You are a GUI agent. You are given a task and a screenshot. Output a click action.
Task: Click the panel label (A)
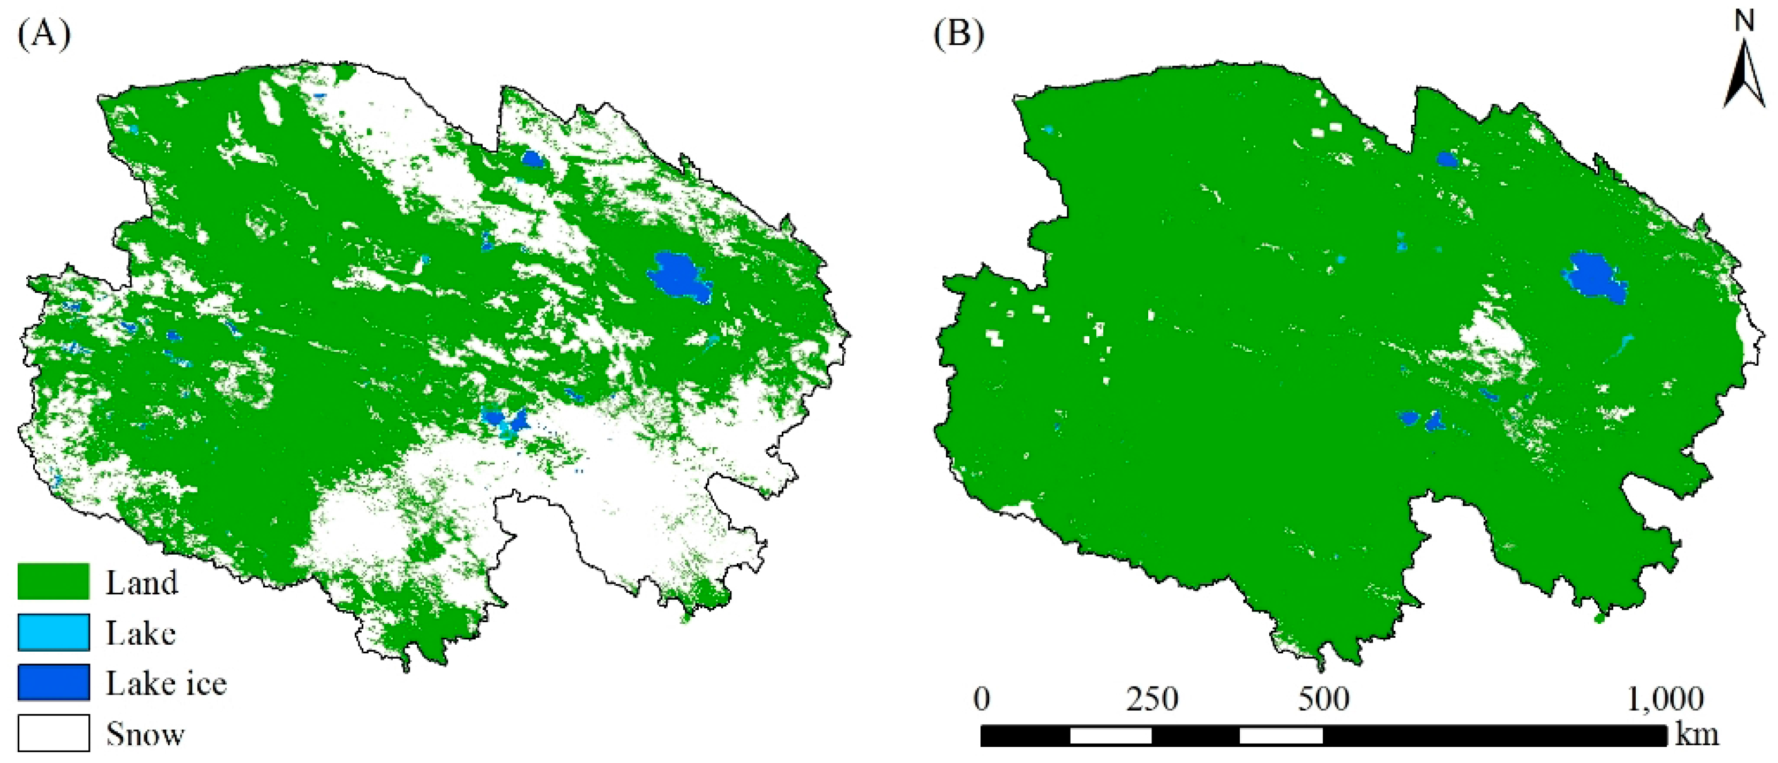coord(43,33)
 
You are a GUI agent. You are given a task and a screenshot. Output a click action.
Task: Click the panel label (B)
coord(959,33)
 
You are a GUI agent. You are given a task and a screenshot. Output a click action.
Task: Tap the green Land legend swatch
coord(53,581)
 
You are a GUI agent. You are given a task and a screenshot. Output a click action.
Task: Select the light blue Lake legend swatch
coord(53,632)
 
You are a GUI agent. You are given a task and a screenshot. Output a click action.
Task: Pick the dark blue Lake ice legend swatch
coord(53,682)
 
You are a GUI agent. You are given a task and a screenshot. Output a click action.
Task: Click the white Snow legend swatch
coord(53,732)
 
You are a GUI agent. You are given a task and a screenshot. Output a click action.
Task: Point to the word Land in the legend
coord(141,583)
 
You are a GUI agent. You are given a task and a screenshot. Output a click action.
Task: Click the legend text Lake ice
coord(166,684)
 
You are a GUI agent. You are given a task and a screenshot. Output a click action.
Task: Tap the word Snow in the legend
coord(145,734)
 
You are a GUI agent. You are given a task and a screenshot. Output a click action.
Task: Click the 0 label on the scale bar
coord(981,699)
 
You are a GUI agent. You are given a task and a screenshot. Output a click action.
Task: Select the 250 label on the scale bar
coord(1152,699)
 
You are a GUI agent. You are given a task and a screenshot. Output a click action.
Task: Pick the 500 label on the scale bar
coord(1323,699)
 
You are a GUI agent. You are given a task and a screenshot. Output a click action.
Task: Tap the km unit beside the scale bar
coord(1697,735)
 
